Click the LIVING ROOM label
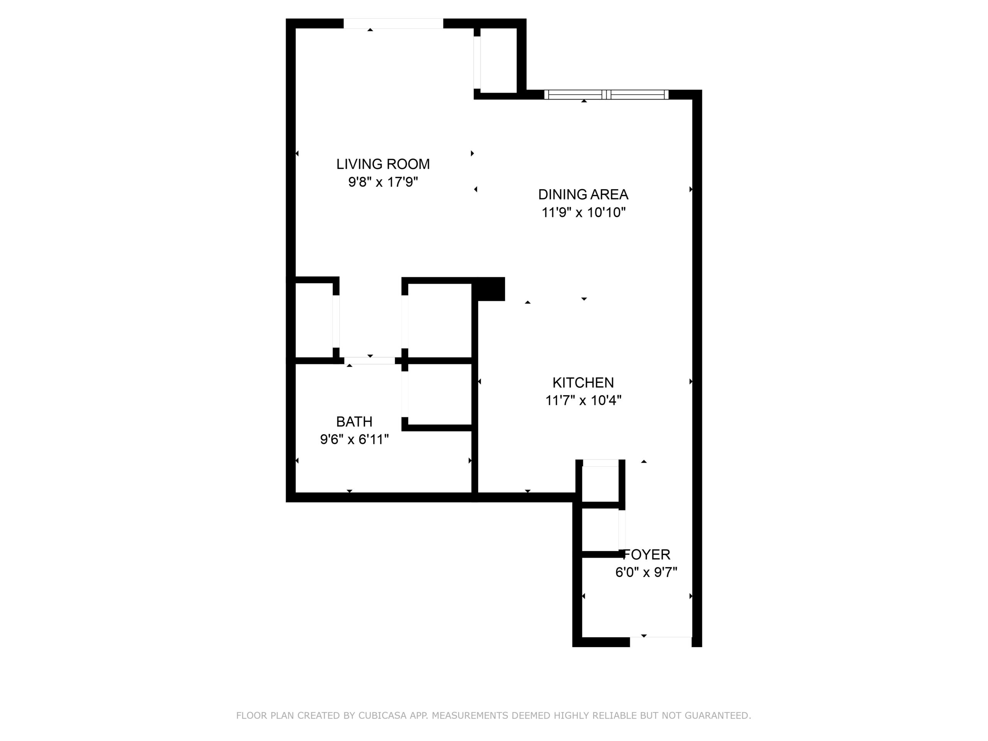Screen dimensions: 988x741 [383, 164]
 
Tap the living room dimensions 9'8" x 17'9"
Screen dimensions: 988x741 [383, 182]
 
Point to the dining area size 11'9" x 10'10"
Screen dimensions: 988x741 [583, 212]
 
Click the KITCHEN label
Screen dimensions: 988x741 [583, 382]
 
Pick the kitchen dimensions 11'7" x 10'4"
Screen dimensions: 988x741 [583, 400]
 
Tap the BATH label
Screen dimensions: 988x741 [354, 422]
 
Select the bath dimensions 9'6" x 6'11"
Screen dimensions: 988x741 [354, 440]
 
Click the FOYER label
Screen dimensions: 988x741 [647, 554]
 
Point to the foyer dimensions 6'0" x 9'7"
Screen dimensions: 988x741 [646, 572]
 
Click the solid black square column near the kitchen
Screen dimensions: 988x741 [489, 289]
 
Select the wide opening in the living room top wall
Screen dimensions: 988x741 [393, 24]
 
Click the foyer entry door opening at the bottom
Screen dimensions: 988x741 [661, 642]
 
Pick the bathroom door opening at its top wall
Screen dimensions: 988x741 [370, 360]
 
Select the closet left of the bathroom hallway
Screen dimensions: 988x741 [315, 320]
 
